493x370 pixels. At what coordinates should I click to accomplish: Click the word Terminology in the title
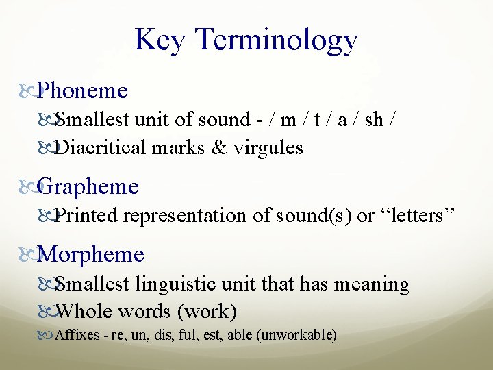(276, 41)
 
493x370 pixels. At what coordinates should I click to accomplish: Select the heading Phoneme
(83, 90)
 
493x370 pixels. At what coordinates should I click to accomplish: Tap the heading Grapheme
(88, 187)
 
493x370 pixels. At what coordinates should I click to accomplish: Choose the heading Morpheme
(92, 255)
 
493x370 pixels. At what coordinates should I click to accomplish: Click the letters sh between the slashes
(374, 120)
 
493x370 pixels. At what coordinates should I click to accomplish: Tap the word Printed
(87, 216)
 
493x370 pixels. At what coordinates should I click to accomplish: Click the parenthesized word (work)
(207, 312)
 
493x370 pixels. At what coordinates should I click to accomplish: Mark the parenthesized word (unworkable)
(301, 336)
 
